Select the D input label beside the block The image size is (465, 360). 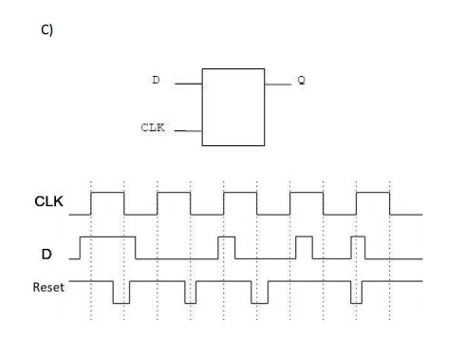pos(156,81)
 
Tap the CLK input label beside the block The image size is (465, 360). pos(152,126)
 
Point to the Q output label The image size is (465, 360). pos(302,81)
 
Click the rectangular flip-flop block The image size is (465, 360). pos(233,105)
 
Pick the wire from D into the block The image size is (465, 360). pos(188,83)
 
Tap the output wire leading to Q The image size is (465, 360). pos(278,84)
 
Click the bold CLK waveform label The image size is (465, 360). pos(49,202)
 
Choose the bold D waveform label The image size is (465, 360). pos(46,254)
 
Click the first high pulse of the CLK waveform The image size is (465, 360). pos(107,193)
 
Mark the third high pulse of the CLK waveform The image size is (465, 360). pos(240,193)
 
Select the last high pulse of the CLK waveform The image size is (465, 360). pos(373,193)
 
